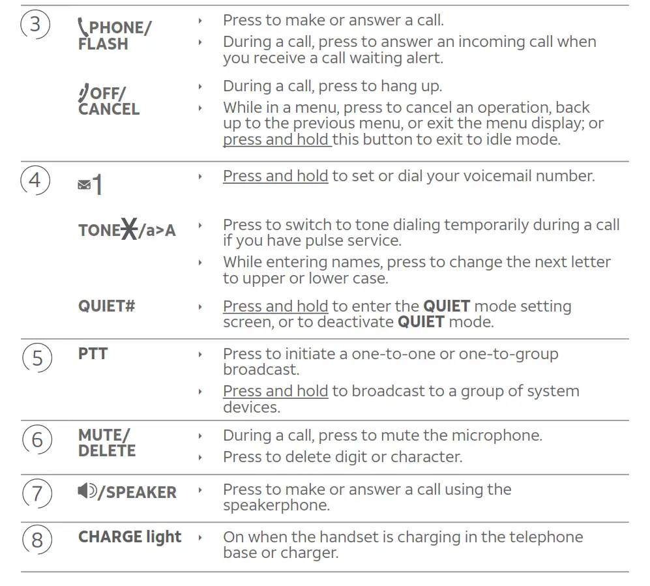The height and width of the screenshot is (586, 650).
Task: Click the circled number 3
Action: tap(35, 25)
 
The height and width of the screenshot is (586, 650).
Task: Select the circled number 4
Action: tap(35, 179)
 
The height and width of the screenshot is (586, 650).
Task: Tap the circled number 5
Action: tap(37, 358)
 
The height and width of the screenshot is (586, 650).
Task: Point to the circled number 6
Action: tap(37, 440)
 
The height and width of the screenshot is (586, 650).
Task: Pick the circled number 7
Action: tap(37, 493)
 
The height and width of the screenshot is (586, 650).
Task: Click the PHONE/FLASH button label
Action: tap(114, 36)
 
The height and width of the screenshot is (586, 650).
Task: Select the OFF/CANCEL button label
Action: tap(109, 102)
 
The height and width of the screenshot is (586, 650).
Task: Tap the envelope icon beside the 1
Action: tap(83, 186)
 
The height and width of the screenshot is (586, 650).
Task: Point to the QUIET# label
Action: tap(106, 306)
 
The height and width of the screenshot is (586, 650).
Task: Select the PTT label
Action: tap(93, 354)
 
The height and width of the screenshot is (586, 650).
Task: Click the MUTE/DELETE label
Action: tap(107, 443)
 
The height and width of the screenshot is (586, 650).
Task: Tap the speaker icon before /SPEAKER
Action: tap(87, 491)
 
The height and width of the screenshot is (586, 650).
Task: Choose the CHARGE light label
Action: tap(130, 537)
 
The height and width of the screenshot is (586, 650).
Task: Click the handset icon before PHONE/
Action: tap(82, 27)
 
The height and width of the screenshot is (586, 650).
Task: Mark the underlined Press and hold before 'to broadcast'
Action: tap(275, 391)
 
